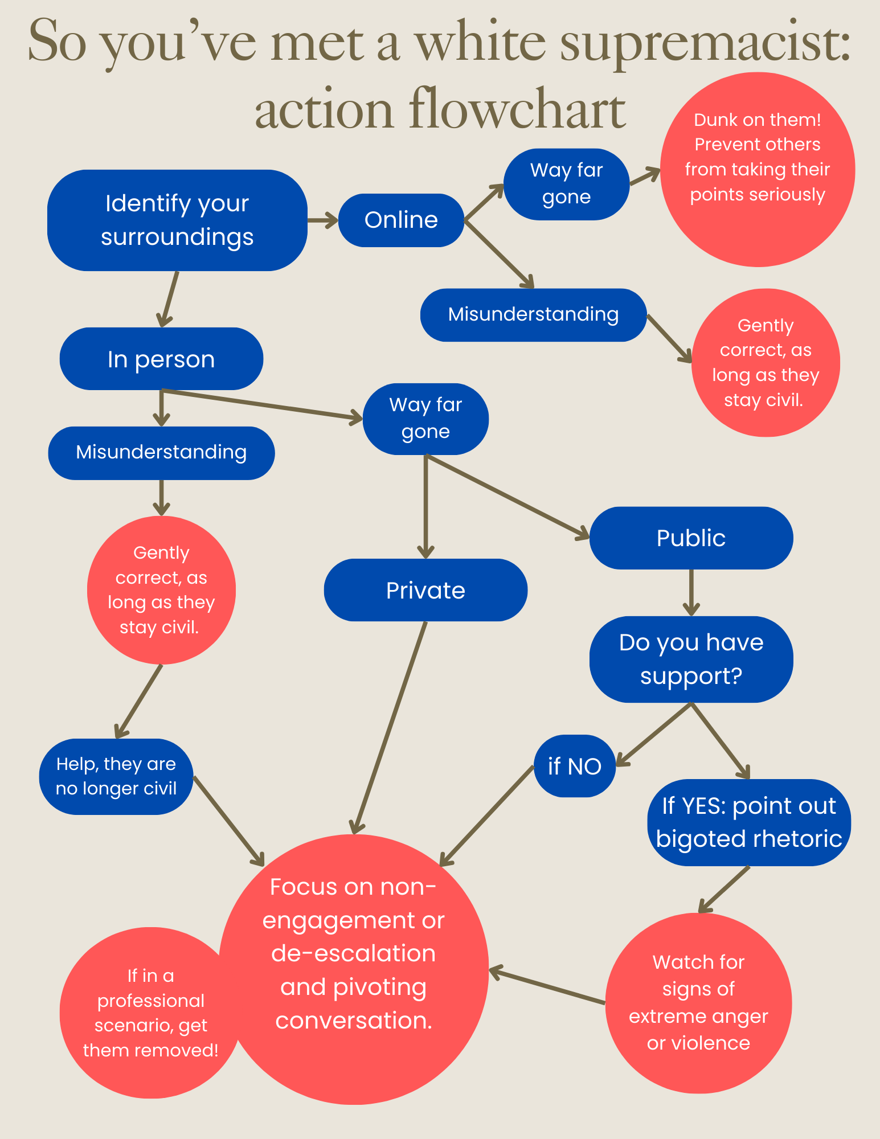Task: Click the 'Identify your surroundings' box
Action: click(177, 220)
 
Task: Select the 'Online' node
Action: click(401, 220)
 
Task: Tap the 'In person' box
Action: click(161, 359)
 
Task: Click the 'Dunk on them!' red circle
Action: click(758, 169)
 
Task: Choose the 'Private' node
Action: click(425, 590)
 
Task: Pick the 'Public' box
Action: click(691, 538)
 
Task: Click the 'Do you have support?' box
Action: click(691, 659)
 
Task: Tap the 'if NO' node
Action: click(575, 767)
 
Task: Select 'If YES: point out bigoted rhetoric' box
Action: click(749, 822)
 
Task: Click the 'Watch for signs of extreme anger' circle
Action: click(698, 1003)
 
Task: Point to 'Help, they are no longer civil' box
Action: click(116, 776)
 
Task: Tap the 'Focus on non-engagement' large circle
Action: click(353, 968)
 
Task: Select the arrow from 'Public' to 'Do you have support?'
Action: click(691, 592)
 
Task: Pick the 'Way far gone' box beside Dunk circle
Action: click(566, 184)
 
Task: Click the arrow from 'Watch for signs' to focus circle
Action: click(547, 986)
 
